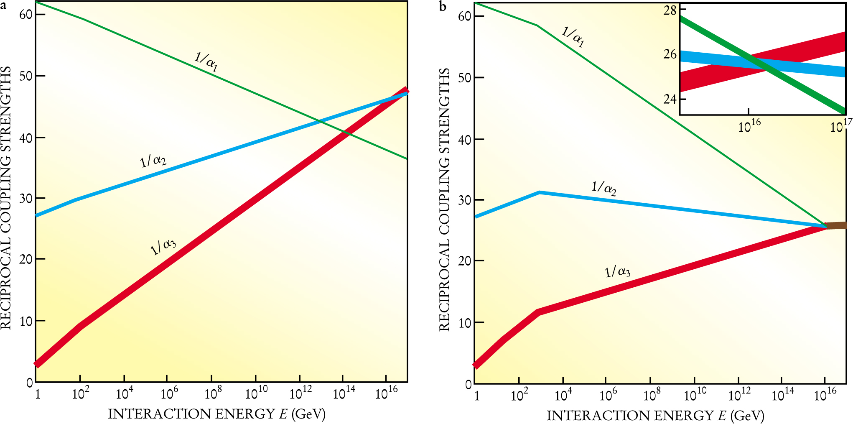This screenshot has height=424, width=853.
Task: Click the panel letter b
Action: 443,7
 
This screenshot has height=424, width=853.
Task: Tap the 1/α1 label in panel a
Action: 206,61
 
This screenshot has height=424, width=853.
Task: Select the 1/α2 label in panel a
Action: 153,161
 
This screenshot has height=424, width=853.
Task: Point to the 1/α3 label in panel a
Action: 163,247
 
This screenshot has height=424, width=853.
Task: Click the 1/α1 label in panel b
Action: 573,37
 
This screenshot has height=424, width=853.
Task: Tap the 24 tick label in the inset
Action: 670,99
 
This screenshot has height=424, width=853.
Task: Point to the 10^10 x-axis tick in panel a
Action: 256,393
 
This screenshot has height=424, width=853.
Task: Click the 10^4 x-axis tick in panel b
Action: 563,395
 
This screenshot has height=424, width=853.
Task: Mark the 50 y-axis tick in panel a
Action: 26,76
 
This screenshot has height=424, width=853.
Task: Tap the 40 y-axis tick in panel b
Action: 465,140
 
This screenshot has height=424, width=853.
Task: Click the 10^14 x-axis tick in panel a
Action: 344,393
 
